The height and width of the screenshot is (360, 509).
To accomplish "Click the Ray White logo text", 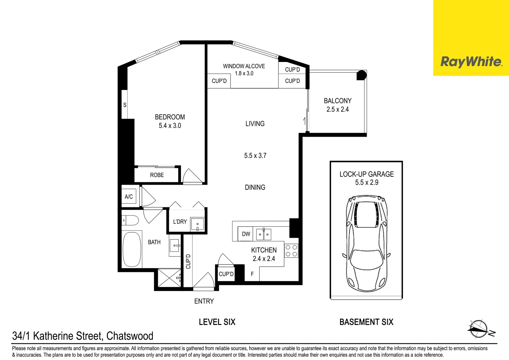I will pos(471,62).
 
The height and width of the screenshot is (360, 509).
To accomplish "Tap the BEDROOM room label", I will pos(170,117).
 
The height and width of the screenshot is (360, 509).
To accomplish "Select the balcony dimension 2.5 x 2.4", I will pos(337,109).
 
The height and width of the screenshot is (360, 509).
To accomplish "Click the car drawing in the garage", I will pos(366,244).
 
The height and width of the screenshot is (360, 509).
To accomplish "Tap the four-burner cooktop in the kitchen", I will pos(291,251).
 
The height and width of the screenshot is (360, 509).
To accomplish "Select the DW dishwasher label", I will pos(246,234).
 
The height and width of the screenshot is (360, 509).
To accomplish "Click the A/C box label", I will pos(129,197).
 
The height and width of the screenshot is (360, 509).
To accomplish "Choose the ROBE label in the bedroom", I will pos(157,175).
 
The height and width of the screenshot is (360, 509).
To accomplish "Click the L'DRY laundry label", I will pos(180,222).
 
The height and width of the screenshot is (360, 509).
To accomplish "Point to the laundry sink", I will pos(197,224).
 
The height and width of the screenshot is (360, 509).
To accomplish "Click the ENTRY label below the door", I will pos(204,301).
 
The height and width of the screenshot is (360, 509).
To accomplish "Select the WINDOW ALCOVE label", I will pos(244,66).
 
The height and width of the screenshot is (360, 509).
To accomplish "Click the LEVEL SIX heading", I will pos(217,322).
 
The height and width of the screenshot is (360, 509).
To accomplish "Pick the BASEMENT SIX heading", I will pos(366,322).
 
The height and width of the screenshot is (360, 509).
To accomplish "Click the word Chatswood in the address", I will pos(130,336).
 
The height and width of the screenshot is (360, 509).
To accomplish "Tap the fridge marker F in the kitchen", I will pos(252,274).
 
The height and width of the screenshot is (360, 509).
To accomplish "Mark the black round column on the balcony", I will pos(361,75).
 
